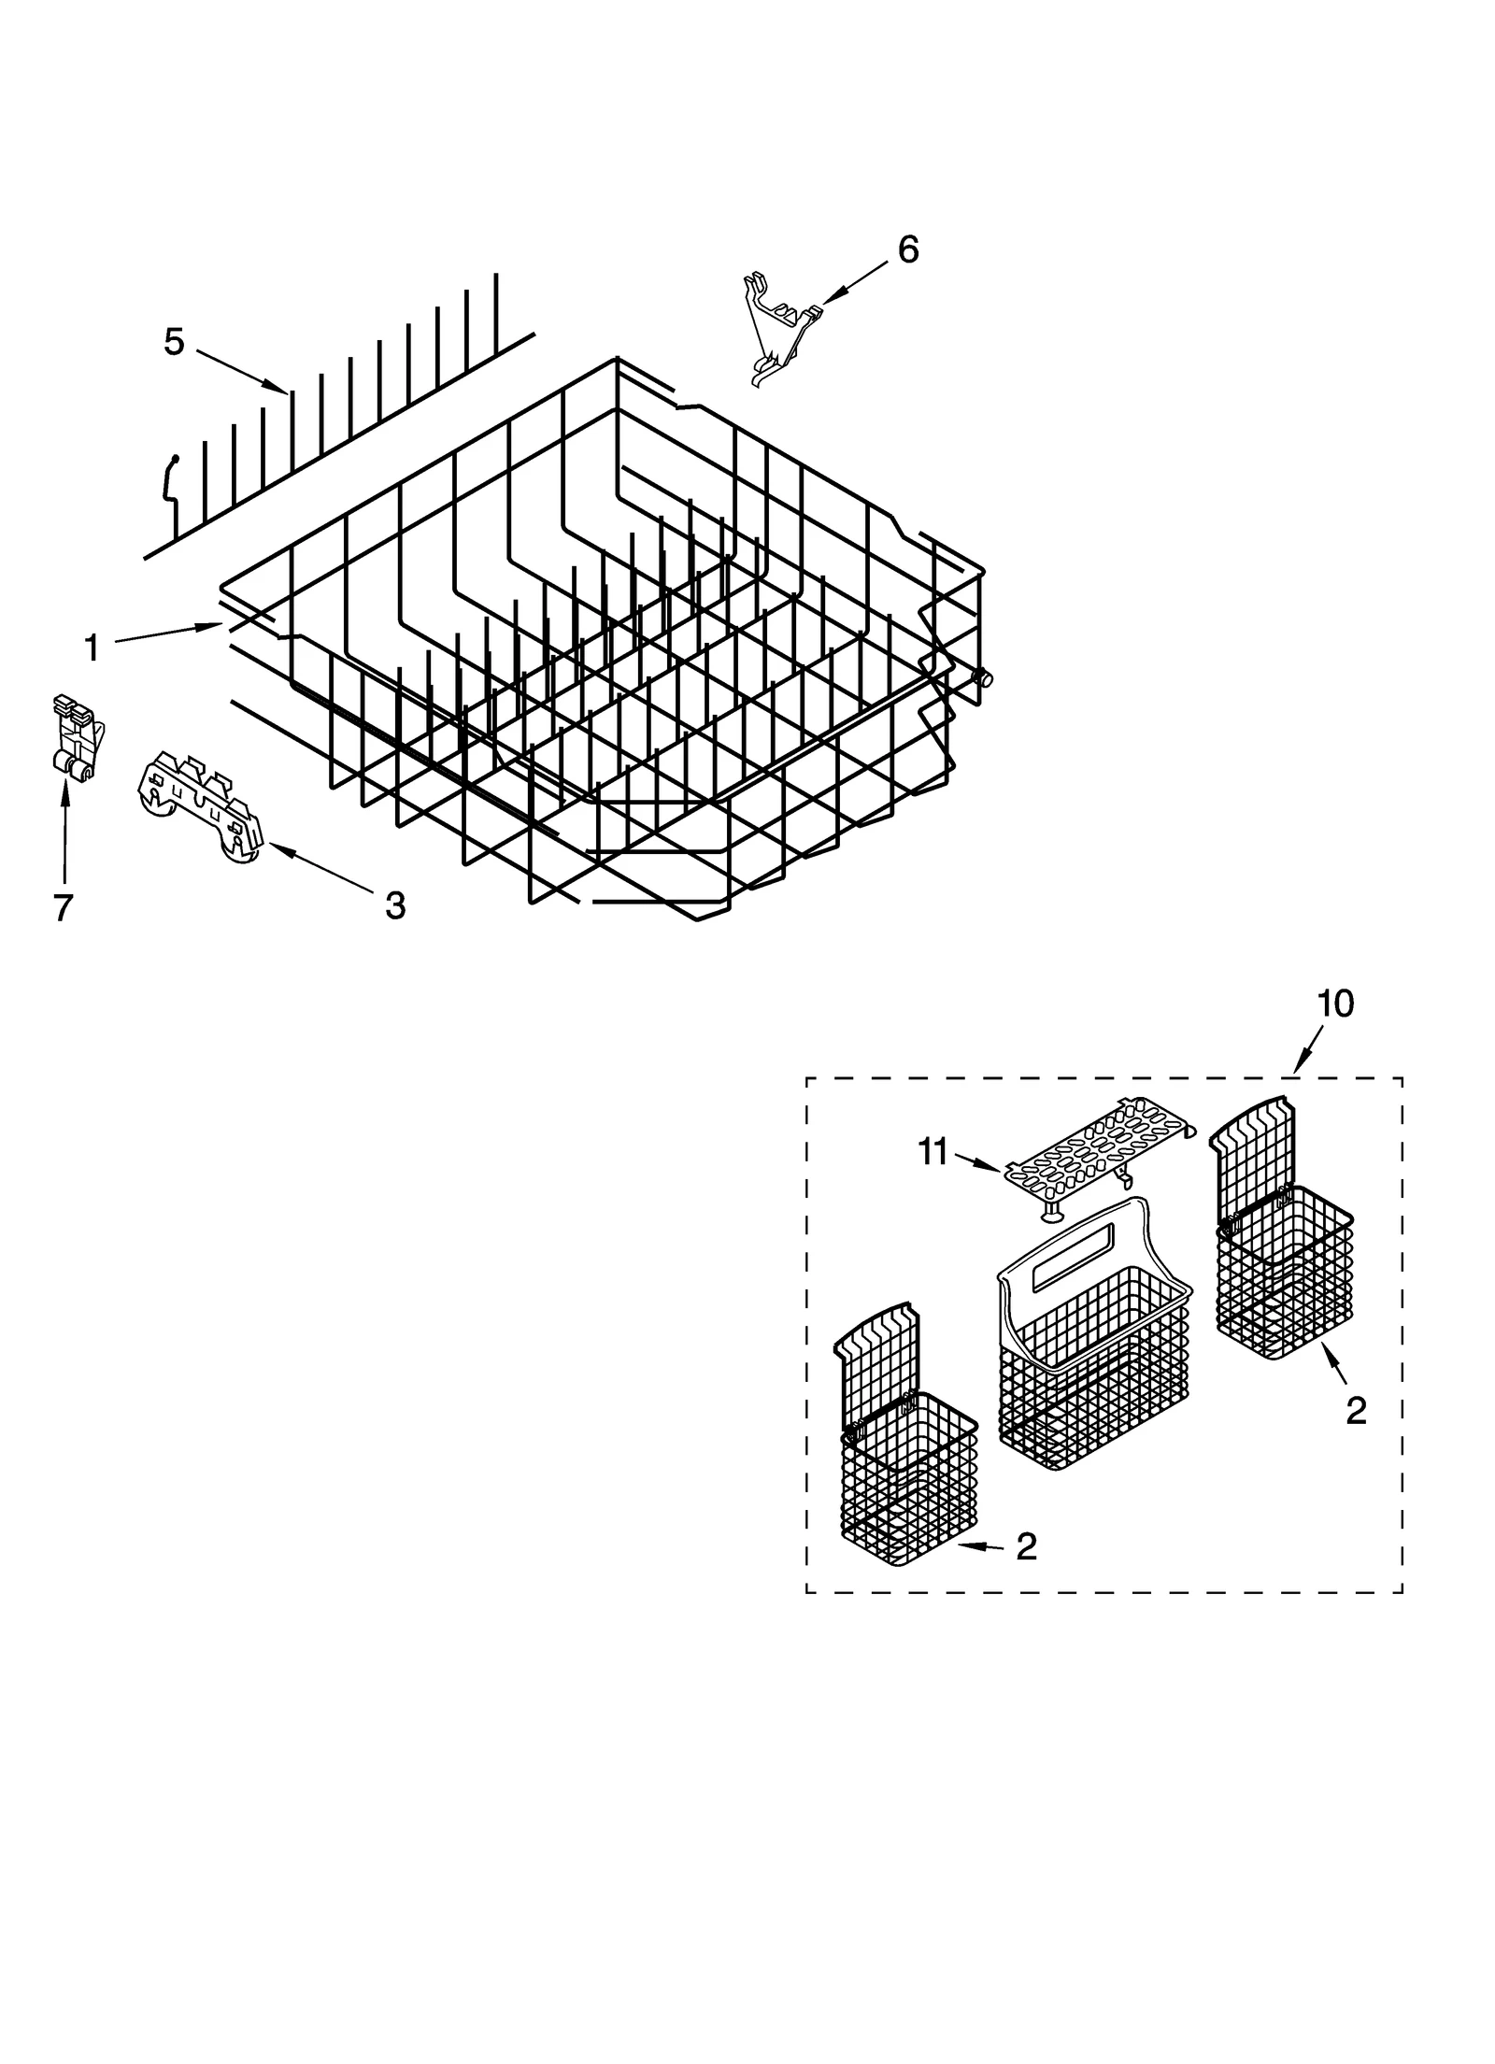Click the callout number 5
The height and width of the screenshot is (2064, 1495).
coord(174,342)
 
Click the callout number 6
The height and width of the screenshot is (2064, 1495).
coord(907,249)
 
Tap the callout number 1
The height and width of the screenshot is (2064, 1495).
coord(92,647)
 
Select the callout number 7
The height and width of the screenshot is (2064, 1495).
coord(63,906)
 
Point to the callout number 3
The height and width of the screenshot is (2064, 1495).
coord(395,904)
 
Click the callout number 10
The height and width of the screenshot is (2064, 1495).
coord(1335,1004)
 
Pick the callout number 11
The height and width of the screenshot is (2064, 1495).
coord(933,1152)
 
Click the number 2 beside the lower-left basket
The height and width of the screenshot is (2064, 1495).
coord(1025,1547)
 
